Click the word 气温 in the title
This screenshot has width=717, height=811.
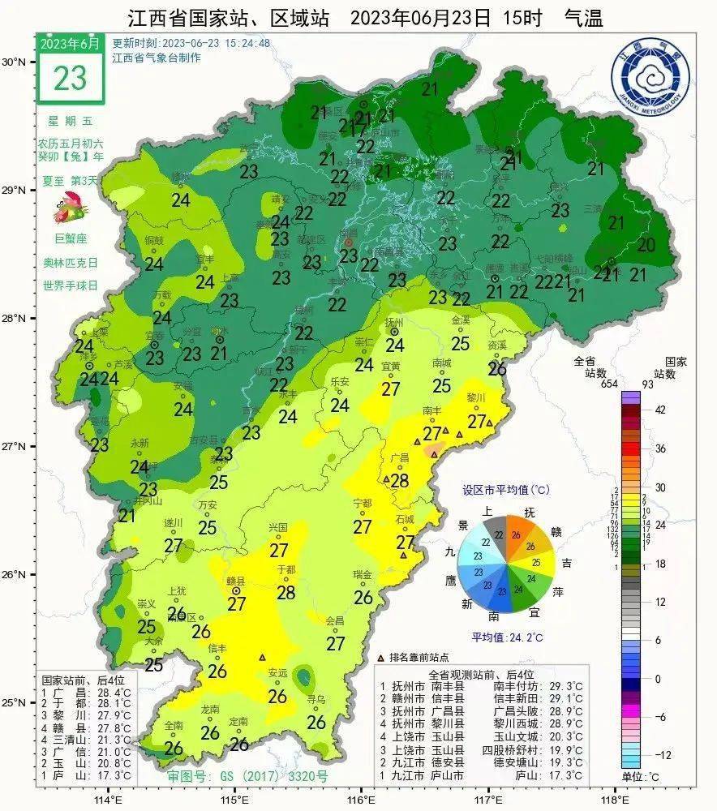pos(582,17)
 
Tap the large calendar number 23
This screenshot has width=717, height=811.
pos(70,77)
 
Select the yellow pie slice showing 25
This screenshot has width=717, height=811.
pos(536,561)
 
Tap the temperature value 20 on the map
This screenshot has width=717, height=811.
pos(646,244)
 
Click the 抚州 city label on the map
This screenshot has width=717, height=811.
pos(394,323)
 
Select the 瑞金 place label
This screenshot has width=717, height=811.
pos(363,574)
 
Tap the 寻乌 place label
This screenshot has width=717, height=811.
pos(316,699)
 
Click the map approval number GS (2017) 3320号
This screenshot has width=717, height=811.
pos(247,776)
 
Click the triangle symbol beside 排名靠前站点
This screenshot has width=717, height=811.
pos(381,658)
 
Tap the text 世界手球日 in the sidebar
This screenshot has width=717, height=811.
pos(70,285)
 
